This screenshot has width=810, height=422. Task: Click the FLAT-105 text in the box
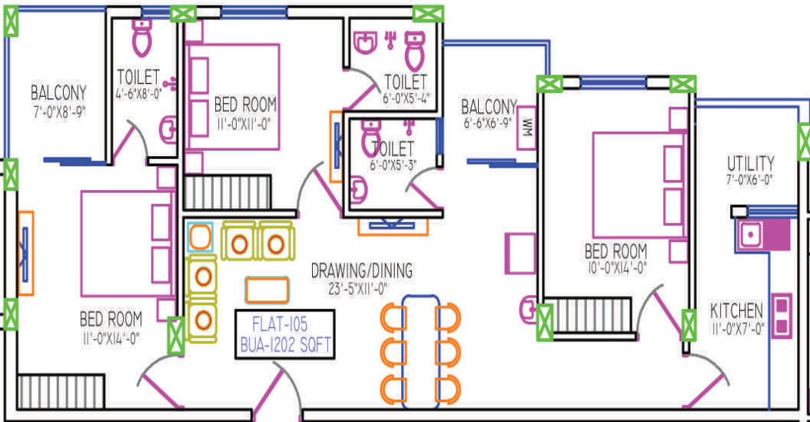280,324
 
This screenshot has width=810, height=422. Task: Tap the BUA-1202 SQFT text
285,345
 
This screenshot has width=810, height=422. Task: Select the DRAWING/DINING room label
362,271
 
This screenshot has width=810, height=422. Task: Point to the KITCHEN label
736,311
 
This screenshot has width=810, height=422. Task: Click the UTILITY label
751,164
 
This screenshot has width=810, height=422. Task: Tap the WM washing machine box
527,128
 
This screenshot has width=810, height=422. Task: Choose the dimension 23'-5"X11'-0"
358,289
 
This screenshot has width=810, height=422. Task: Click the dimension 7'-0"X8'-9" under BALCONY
59,111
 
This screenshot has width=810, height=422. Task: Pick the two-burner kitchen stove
782,316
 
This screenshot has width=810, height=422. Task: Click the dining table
420,352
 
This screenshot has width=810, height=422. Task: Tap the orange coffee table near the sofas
267,291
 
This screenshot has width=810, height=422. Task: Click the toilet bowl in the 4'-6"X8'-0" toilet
141,38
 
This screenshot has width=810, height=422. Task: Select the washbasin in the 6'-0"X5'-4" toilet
365,42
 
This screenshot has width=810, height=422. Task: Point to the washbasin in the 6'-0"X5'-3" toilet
359,189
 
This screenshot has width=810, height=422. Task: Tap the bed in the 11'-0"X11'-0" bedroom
232,97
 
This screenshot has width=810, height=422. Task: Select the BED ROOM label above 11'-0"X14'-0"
111,319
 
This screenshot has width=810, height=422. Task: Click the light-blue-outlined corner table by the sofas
200,237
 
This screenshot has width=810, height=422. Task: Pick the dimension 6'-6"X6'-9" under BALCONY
488,124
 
